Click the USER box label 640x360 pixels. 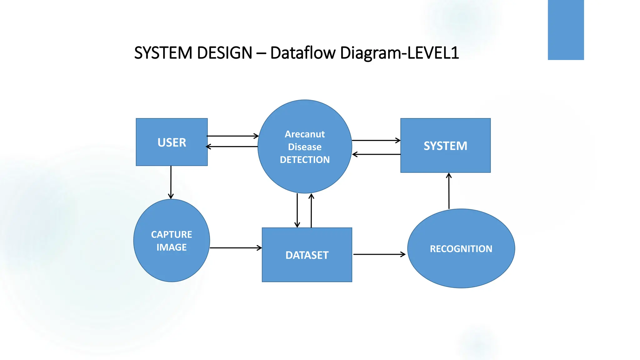pyautogui.click(x=172, y=142)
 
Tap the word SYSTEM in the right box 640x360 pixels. pyautogui.click(x=445, y=146)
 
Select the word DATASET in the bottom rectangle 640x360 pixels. pyautogui.click(x=307, y=255)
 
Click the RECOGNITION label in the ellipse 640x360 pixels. pyautogui.click(x=461, y=249)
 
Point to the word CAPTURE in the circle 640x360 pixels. pyautogui.click(x=172, y=234)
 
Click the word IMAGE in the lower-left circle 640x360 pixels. pyautogui.click(x=172, y=247)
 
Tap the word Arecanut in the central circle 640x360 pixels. pyautogui.click(x=305, y=134)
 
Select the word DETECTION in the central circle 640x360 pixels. pyautogui.click(x=305, y=160)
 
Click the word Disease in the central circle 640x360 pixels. pyautogui.click(x=305, y=147)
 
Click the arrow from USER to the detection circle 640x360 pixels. pyautogui.click(x=232, y=136)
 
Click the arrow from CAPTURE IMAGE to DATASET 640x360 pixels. pyautogui.click(x=236, y=248)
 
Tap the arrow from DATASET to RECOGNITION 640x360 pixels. pyautogui.click(x=379, y=254)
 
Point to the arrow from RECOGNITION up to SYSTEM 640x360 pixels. pyautogui.click(x=449, y=191)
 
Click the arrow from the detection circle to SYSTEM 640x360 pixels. pyautogui.click(x=376, y=140)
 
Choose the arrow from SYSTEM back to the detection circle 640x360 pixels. pyautogui.click(x=376, y=154)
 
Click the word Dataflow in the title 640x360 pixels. pyautogui.click(x=302, y=52)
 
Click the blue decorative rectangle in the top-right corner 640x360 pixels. pyautogui.click(x=566, y=30)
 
